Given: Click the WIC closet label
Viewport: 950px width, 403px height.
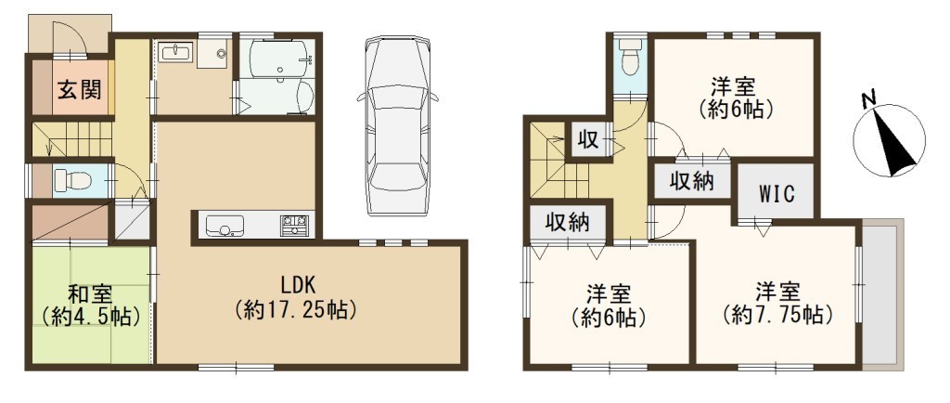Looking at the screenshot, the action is (x=777, y=196).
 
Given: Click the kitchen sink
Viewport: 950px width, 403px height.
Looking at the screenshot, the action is (x=225, y=226).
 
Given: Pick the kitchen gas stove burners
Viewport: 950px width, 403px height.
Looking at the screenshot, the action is (x=294, y=226).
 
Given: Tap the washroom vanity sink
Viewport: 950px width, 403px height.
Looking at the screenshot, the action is (x=176, y=52).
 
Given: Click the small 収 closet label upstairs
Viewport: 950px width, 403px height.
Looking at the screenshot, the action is (x=587, y=140).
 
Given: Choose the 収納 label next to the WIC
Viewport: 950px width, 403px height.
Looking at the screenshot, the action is (x=691, y=180).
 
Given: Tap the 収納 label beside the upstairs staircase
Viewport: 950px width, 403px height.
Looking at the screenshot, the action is (x=567, y=223).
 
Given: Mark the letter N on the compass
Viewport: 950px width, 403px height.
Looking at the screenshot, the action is (x=868, y=100).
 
